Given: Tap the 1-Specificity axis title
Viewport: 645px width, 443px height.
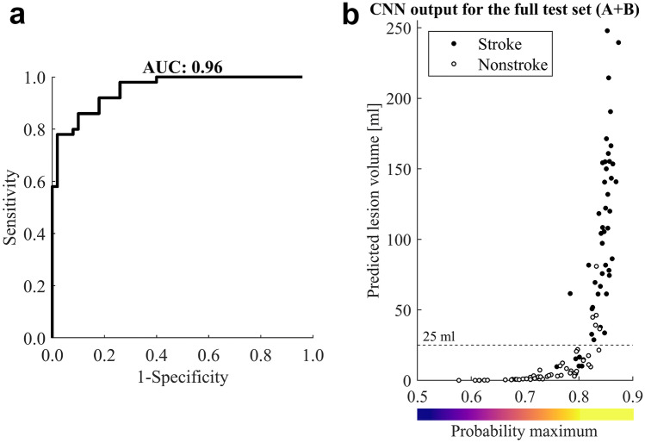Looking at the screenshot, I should click(x=181, y=377).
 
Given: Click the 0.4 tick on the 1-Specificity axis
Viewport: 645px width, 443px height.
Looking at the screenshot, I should click(x=156, y=354).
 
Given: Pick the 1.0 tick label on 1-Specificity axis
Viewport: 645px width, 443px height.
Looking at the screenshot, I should click(x=311, y=354).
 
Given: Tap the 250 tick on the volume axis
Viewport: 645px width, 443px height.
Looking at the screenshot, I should click(x=398, y=28).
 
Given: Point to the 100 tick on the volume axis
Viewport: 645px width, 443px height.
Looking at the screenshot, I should click(x=398, y=240).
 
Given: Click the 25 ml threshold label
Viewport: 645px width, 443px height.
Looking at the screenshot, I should click(x=436, y=337).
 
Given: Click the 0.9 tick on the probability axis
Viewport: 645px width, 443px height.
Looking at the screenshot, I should click(x=634, y=396).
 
